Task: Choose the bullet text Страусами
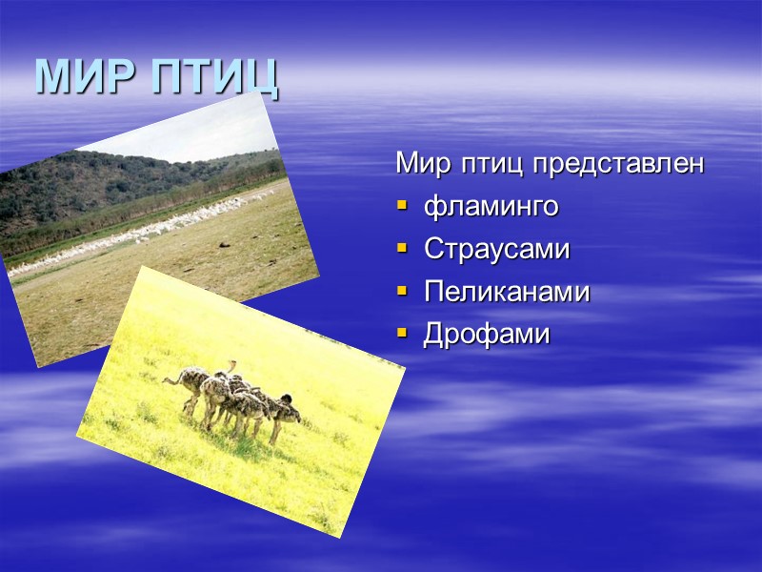(496, 250)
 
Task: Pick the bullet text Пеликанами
(507, 293)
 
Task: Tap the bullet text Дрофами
(487, 336)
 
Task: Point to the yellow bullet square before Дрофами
(401, 334)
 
